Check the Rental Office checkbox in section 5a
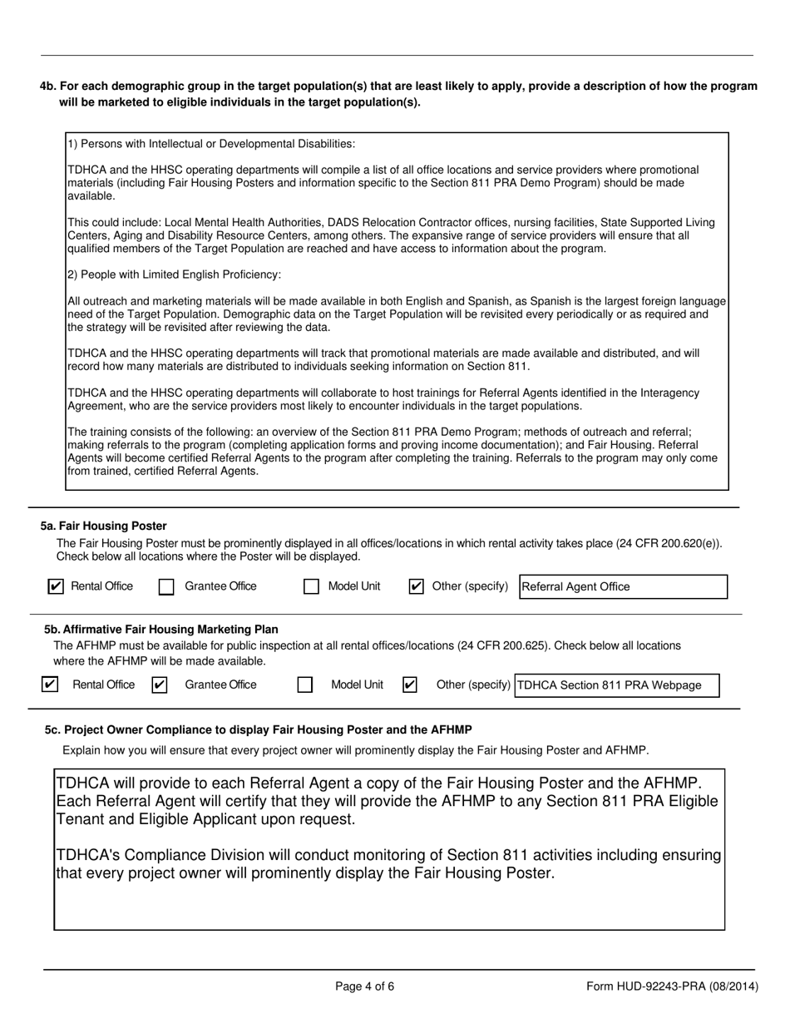pyautogui.click(x=56, y=586)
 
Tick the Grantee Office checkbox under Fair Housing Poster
pyautogui.click(x=166, y=587)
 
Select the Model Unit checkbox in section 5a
pyautogui.click(x=311, y=587)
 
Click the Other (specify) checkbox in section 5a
pyautogui.click(x=417, y=586)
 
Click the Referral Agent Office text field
pyautogui.click(x=622, y=586)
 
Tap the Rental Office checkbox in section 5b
pyautogui.click(x=50, y=684)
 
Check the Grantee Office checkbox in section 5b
pyautogui.click(x=160, y=684)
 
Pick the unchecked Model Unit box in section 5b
pyautogui.click(x=305, y=685)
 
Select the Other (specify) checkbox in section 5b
pyautogui.click(x=409, y=684)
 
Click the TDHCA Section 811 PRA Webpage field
pyautogui.click(x=616, y=685)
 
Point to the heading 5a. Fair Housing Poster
pyautogui.click(x=104, y=526)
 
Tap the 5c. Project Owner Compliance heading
pyautogui.click(x=258, y=729)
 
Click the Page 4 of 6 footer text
pyautogui.click(x=364, y=986)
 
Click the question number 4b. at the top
pyautogui.click(x=47, y=86)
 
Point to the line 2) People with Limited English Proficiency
pyautogui.click(x=174, y=274)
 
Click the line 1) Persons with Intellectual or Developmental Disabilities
pyautogui.click(x=211, y=144)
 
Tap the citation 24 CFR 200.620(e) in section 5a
pyautogui.click(x=668, y=543)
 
